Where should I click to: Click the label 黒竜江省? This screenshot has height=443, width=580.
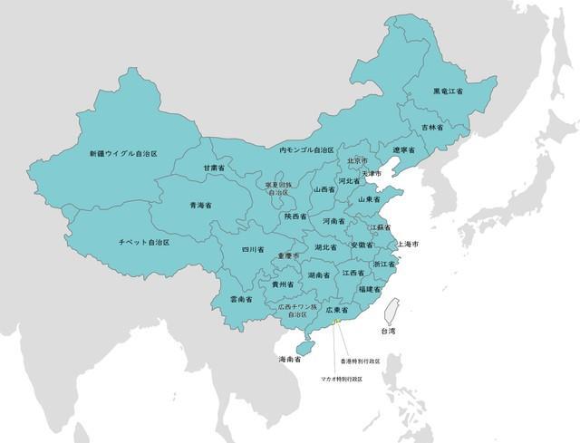[448, 91]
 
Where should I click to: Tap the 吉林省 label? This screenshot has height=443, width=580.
[432, 128]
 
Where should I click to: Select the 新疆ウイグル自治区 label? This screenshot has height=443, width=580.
[123, 154]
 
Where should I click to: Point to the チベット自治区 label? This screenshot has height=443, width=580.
[144, 243]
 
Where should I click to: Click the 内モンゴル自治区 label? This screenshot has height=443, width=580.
[306, 149]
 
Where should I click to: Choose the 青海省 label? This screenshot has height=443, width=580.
[200, 206]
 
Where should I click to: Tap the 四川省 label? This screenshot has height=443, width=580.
[253, 249]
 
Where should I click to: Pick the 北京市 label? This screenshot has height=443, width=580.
[357, 161]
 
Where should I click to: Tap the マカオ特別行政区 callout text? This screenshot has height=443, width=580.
[342, 379]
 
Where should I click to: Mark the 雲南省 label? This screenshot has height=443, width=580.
[240, 299]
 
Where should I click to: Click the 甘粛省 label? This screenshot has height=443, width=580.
[214, 169]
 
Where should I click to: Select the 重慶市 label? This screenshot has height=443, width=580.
[288, 256]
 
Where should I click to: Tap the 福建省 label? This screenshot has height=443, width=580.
[369, 289]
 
